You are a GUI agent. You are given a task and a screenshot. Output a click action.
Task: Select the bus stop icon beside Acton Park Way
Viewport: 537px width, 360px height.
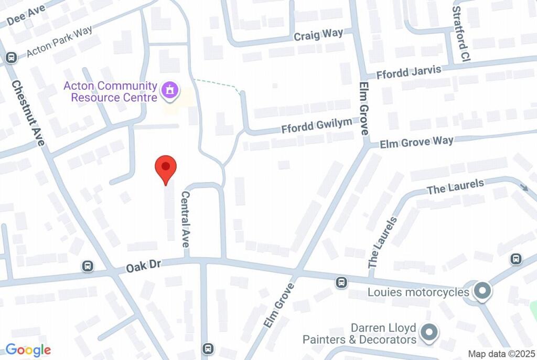(x=10, y=58)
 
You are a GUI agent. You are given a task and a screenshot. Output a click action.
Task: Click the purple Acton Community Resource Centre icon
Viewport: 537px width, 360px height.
(x=169, y=90)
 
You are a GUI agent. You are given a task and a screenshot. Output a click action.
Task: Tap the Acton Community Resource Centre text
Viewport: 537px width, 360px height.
(x=111, y=92)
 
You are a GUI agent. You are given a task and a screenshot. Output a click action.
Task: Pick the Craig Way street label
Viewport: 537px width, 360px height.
(x=318, y=35)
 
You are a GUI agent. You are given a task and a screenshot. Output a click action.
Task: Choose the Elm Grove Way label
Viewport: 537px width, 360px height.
(x=416, y=142)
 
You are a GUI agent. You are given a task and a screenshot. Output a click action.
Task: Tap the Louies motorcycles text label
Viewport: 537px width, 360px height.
(x=418, y=292)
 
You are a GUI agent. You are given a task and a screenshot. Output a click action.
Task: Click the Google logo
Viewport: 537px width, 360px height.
(x=28, y=350)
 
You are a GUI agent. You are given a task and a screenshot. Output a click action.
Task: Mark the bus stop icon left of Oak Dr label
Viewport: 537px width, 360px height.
(x=88, y=267)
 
